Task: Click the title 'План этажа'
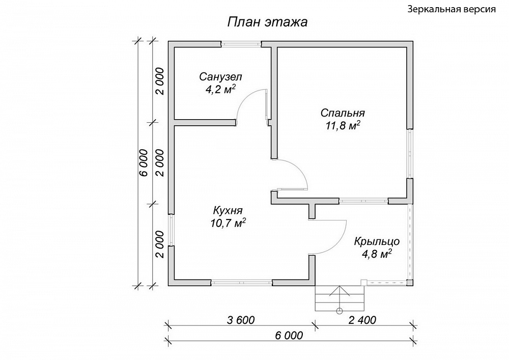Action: [267, 22]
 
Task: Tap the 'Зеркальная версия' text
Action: [451, 9]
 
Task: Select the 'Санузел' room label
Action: [220, 77]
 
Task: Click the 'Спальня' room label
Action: [343, 113]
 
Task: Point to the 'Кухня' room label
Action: [228, 210]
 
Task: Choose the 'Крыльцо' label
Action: [377, 241]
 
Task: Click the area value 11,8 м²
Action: [344, 125]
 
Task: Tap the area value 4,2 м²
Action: [220, 89]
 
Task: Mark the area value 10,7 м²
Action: [228, 223]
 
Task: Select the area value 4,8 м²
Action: [377, 254]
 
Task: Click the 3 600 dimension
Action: [241, 320]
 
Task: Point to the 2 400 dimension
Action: [362, 320]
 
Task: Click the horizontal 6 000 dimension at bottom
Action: [289, 335]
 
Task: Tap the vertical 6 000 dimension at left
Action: [144, 163]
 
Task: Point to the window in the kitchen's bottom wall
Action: [242, 283]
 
